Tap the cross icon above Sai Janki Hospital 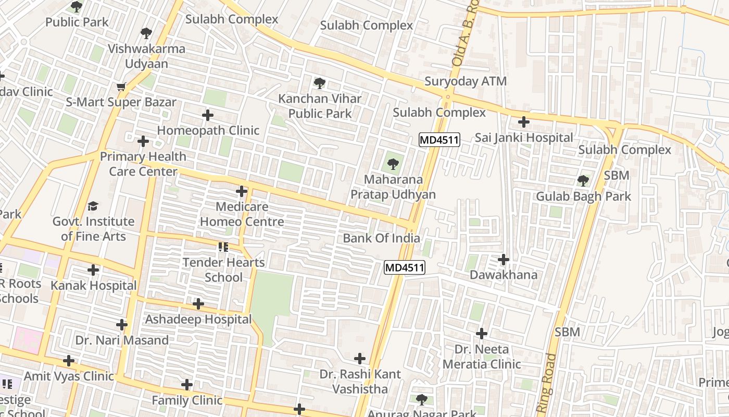click(x=524, y=122)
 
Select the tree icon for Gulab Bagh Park click(x=583, y=181)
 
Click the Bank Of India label click(x=381, y=238)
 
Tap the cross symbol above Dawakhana click(x=504, y=259)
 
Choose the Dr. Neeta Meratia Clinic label click(x=482, y=357)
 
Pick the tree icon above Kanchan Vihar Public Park click(x=320, y=83)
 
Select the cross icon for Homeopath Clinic click(x=208, y=115)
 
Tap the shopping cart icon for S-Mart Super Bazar click(x=121, y=87)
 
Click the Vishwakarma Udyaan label click(x=146, y=56)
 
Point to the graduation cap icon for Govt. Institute click(x=93, y=206)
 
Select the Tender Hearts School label click(x=223, y=269)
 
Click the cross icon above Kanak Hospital click(x=93, y=270)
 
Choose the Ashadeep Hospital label click(x=198, y=319)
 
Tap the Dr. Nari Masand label click(x=122, y=340)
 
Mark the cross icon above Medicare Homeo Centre click(x=242, y=191)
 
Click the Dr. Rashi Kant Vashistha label click(x=360, y=382)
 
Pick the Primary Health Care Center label click(x=143, y=164)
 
